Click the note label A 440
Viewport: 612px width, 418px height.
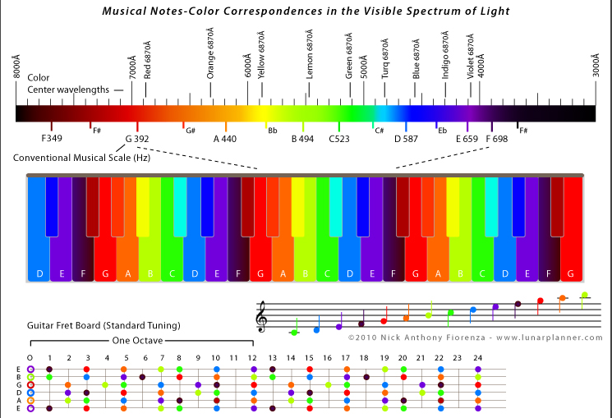pos(225,139)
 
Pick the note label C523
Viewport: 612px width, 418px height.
pos(339,139)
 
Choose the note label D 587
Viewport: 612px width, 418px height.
pos(407,139)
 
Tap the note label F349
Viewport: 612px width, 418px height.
pos(52,139)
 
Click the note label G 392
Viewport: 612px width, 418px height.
pos(137,139)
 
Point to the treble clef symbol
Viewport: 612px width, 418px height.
pos(262,316)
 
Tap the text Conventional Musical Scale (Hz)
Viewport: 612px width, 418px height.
pos(81,157)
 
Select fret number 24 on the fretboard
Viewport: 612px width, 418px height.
pos(477,358)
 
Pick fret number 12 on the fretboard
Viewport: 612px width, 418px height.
pos(253,358)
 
